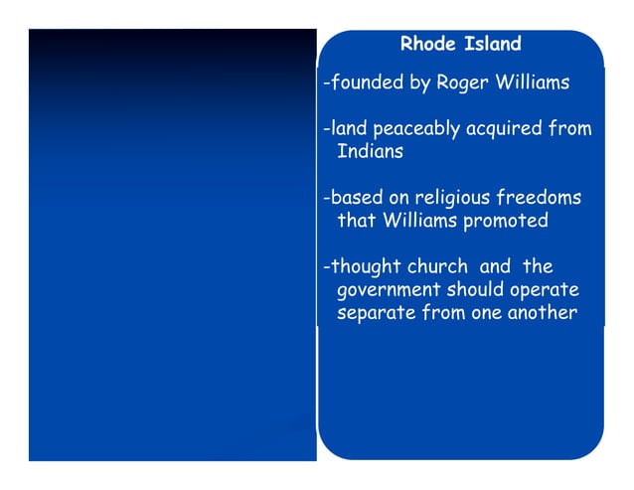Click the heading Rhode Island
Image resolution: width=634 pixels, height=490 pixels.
[460, 45]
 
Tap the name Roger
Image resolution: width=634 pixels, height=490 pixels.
[464, 83]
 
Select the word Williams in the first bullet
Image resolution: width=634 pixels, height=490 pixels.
[532, 83]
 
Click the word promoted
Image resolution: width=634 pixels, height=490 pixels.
[504, 221]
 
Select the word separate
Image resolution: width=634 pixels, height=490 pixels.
[374, 313]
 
